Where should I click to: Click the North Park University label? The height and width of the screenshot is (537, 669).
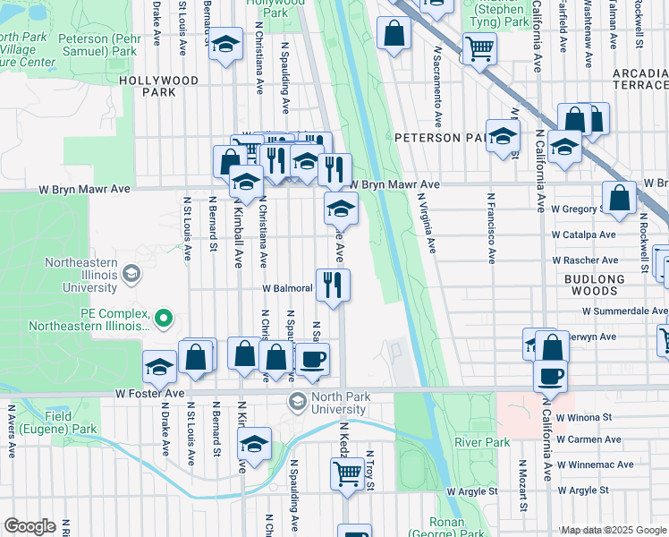[326, 403]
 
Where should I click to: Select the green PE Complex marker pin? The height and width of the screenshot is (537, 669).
[163, 318]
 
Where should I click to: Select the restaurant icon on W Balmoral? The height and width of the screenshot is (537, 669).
[333, 286]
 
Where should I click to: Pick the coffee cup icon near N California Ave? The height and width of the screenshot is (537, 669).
[551, 375]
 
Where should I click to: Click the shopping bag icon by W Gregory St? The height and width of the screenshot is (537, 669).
[619, 200]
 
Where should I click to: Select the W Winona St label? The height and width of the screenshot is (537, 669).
[582, 417]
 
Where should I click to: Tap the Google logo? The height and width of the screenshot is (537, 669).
[30, 526]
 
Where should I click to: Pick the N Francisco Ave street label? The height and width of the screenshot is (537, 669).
[491, 228]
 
